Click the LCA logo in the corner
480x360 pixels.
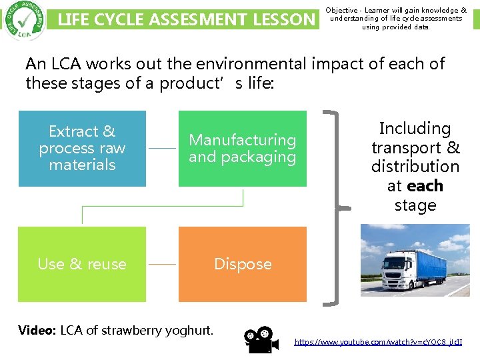click(25, 20)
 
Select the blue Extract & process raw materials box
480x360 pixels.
click(82, 148)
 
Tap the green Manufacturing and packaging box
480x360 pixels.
click(243, 148)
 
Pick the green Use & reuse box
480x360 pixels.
click(82, 264)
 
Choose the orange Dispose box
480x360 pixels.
click(243, 264)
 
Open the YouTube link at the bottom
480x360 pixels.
click(378, 342)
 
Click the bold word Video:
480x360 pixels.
click(37, 330)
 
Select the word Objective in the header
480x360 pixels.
click(343, 11)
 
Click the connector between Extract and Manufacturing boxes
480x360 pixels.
click(162, 148)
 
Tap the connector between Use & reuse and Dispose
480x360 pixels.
click(162, 264)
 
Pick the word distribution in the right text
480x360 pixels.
click(415, 167)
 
